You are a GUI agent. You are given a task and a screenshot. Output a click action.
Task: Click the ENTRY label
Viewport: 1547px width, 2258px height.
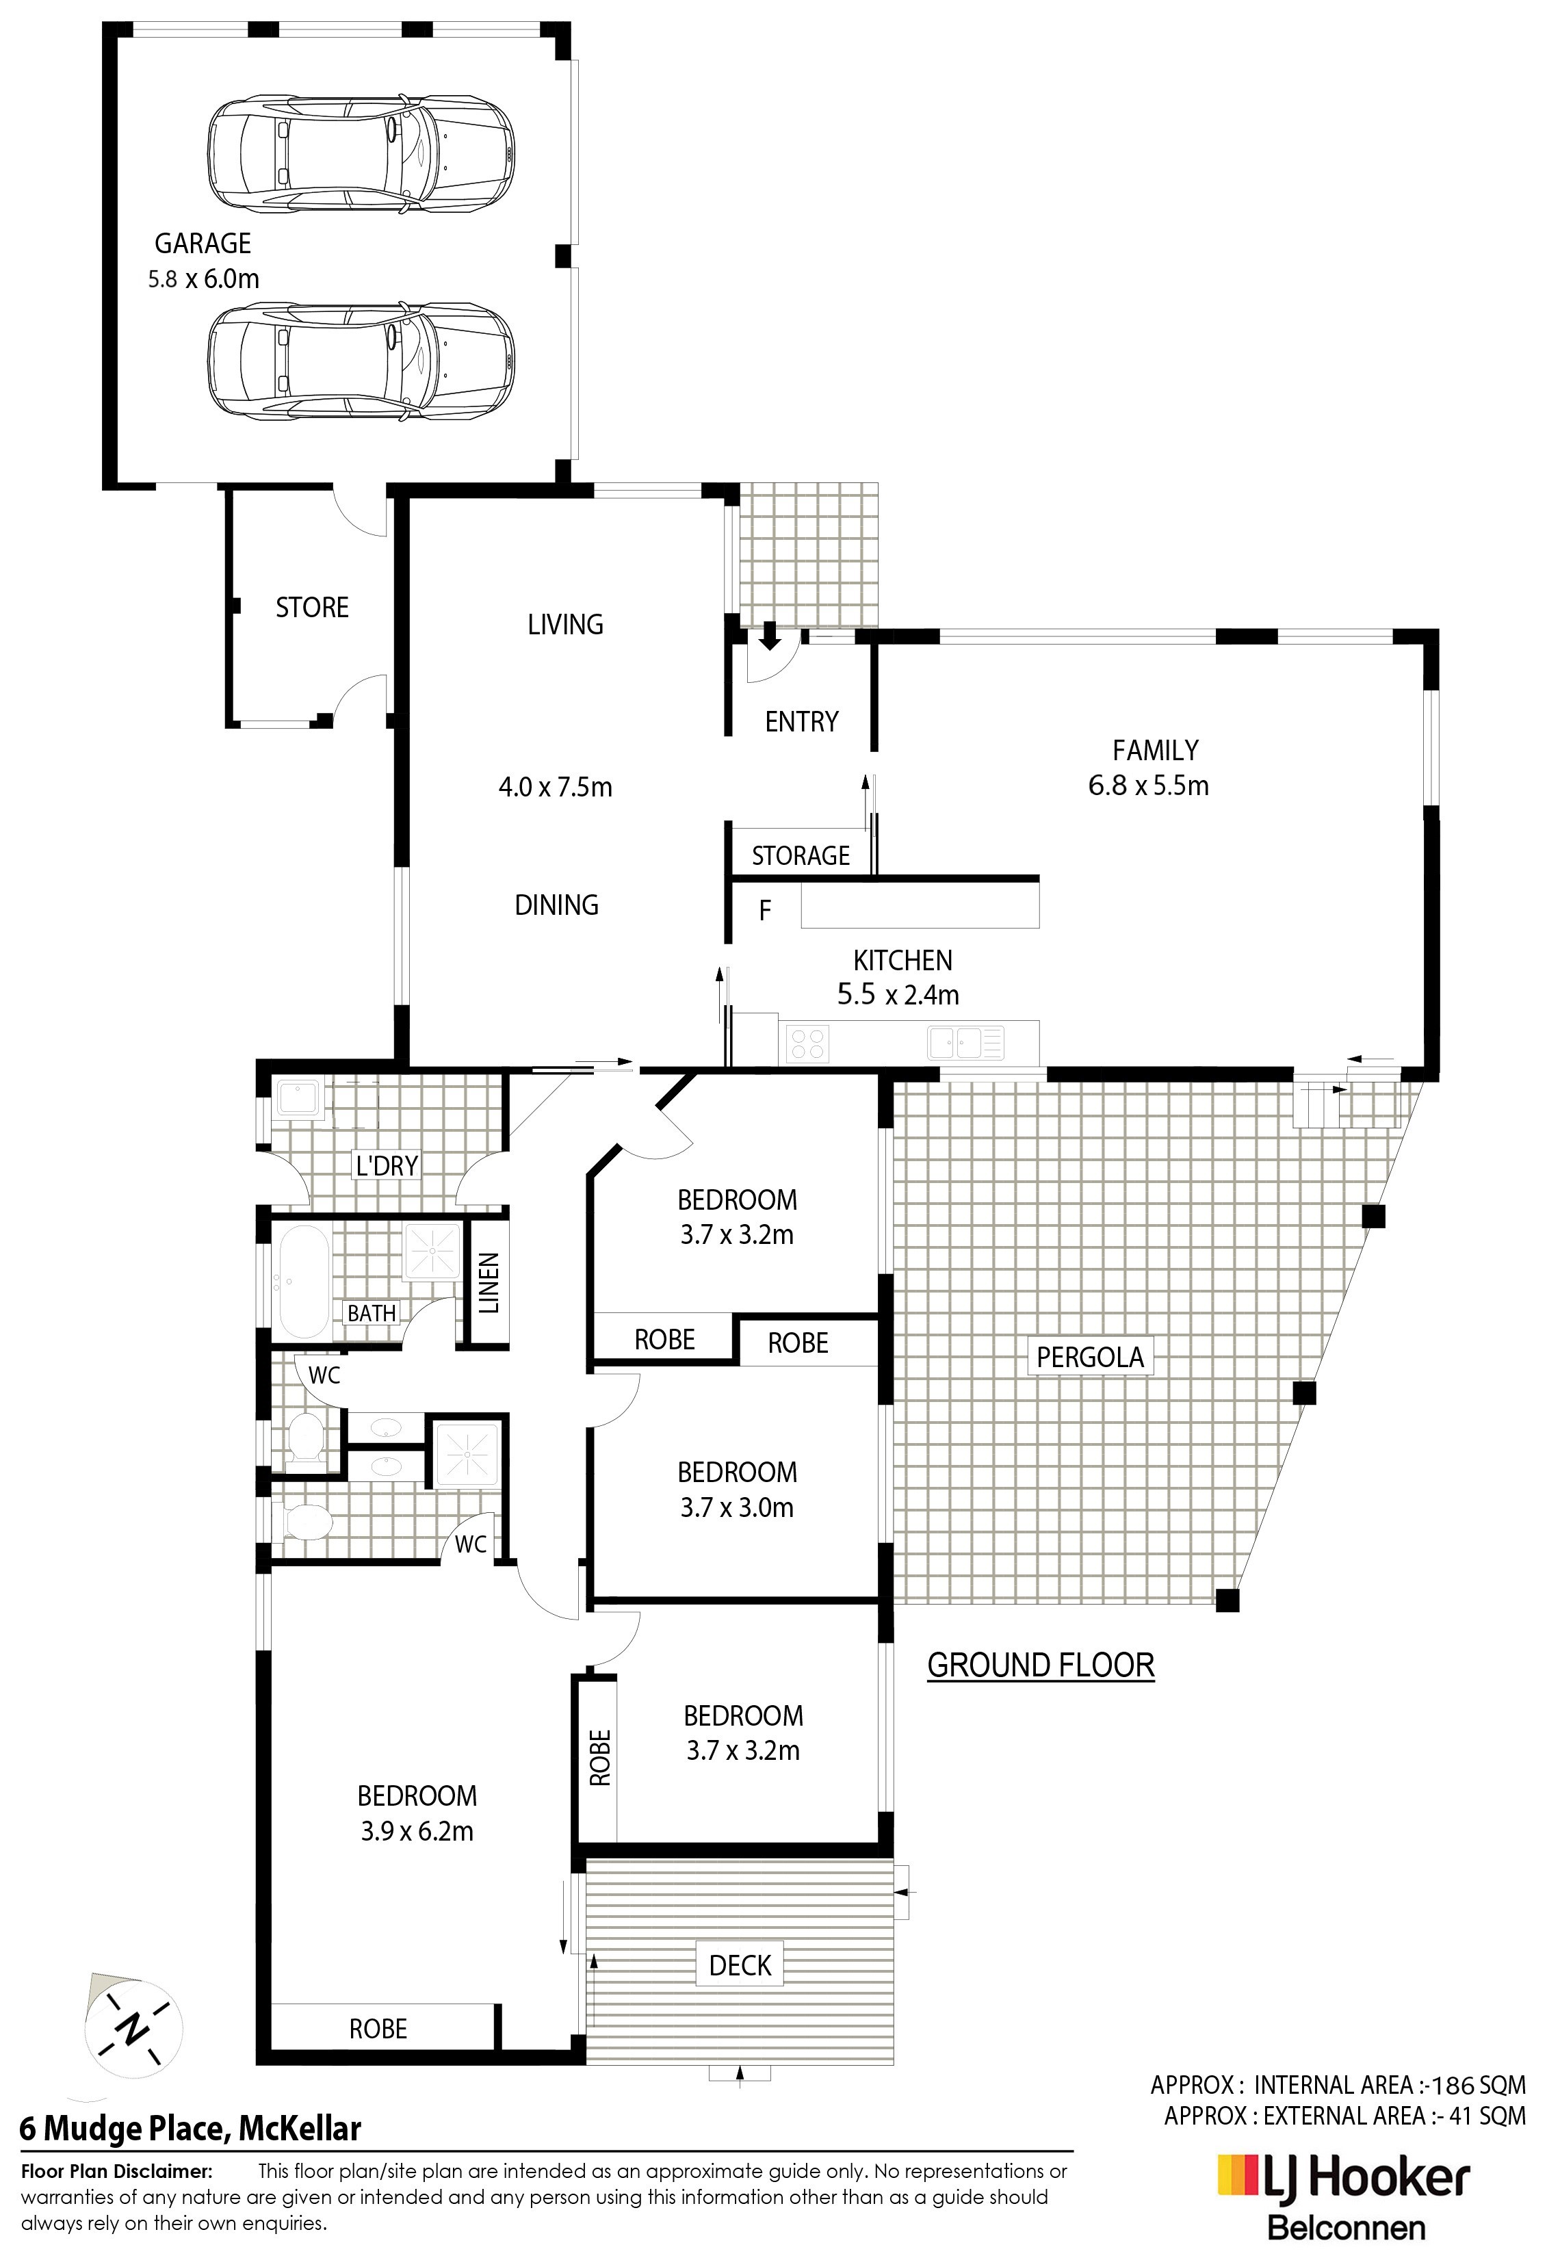pyautogui.click(x=802, y=721)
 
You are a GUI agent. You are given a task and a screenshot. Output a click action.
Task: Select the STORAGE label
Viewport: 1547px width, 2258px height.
pyautogui.click(x=801, y=855)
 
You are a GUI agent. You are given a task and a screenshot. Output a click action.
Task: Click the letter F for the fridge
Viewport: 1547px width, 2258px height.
pyautogui.click(x=765, y=911)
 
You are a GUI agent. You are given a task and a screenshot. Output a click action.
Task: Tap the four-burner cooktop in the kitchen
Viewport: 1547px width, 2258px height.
pyautogui.click(x=807, y=1043)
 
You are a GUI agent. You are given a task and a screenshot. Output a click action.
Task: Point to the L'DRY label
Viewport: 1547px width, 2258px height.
pyautogui.click(x=387, y=1165)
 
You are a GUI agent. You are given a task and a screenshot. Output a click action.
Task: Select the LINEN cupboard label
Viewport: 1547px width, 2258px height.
pyautogui.click(x=489, y=1282)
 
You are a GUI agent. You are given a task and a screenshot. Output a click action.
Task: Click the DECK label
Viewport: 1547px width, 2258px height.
pyautogui.click(x=740, y=1966)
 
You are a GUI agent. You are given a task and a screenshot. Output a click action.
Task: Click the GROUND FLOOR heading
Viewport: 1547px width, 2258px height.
pyautogui.click(x=1041, y=1665)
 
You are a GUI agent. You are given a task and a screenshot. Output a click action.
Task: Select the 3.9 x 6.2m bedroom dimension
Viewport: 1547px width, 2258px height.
pyautogui.click(x=417, y=1832)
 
